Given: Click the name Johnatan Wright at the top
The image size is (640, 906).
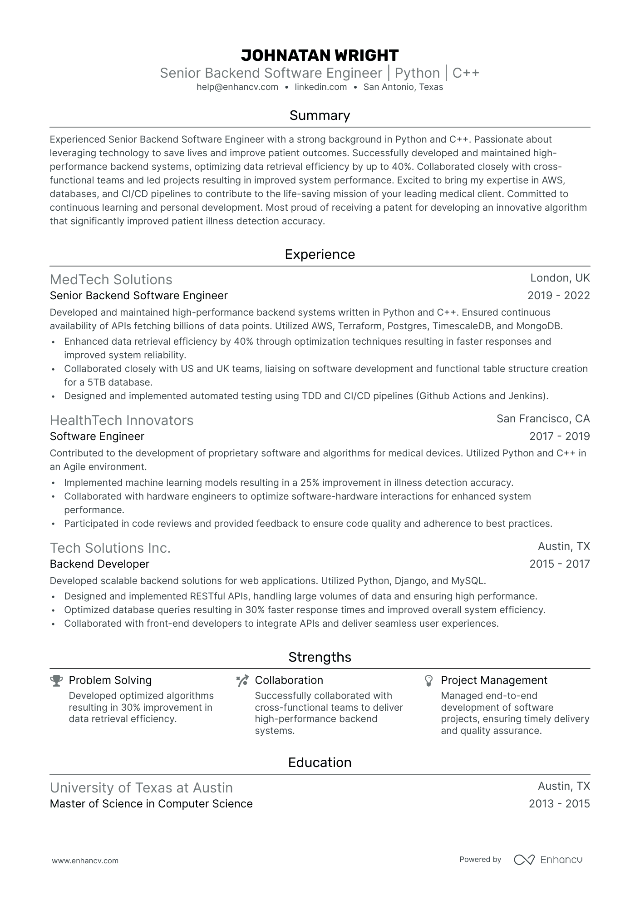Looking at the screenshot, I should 320,55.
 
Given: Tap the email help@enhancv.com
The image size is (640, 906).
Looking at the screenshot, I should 237,87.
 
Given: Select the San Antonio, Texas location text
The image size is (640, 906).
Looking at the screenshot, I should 403,87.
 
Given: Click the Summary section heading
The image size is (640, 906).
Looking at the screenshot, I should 320,115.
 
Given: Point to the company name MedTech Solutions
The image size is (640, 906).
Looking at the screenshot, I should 111,280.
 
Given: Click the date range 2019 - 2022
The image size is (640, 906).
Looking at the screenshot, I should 558,296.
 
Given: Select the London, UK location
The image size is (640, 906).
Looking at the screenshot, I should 560,278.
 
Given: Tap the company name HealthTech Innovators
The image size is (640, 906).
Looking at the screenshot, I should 122,421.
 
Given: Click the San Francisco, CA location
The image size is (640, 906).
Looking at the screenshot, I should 543,419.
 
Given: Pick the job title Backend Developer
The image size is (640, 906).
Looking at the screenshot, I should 99,564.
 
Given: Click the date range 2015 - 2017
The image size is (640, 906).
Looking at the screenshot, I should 559,564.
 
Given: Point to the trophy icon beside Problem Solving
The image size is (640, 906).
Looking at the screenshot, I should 56,680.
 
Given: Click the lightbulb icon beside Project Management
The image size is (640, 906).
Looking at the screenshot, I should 428,680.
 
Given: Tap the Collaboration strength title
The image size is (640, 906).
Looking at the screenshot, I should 289,680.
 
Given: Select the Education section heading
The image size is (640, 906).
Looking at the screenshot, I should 320,762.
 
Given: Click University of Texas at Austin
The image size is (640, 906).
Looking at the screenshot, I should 141,788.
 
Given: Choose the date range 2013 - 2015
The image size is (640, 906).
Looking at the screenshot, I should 559,804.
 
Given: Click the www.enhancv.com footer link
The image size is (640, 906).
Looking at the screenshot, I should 85,861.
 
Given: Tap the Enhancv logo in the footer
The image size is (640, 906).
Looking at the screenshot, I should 548,860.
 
